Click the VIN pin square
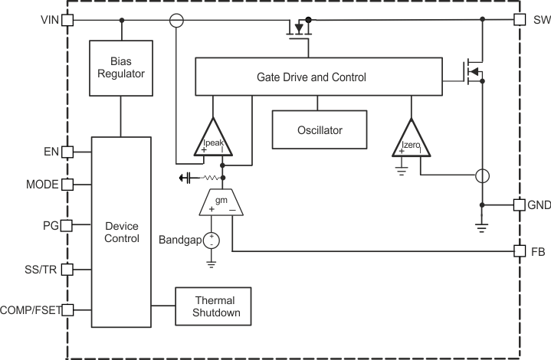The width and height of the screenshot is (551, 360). tap(67, 20)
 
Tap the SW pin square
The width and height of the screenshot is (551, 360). tap(520, 20)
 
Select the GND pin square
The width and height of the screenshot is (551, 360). tap(520, 205)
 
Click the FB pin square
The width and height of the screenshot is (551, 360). tap(520, 250)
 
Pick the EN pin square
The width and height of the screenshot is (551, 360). tap(67, 152)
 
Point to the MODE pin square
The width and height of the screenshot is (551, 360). tap(67, 185)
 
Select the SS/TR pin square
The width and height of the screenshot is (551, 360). tap(67, 269)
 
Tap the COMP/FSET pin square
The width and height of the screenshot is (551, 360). tap(67, 309)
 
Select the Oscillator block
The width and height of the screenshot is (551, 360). tap(319, 129)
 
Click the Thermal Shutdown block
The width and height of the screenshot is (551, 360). tap(214, 306)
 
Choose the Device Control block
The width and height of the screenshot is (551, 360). tap(121, 232)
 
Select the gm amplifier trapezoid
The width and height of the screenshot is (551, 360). tap(222, 201)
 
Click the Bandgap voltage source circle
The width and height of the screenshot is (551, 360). tap(212, 241)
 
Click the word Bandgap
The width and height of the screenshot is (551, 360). tap(179, 241)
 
